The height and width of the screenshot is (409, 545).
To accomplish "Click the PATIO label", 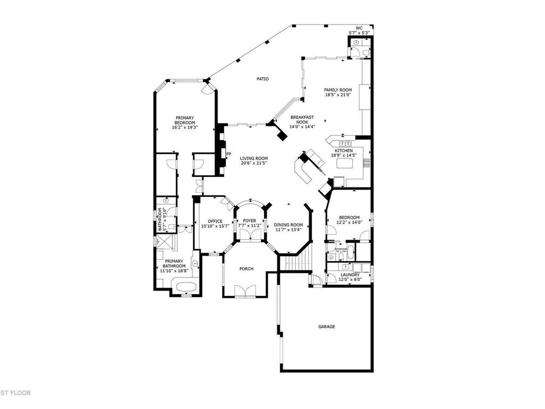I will pos(262,79).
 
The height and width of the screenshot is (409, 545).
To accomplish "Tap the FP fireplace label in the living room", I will pos(229,154).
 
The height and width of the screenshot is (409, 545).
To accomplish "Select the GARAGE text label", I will pos(327,326).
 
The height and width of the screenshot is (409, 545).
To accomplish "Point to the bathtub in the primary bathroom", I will pos(185,287).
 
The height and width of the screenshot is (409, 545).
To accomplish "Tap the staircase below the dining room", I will pos(293,263).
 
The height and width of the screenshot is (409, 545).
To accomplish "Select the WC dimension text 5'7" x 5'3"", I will pos(359,33).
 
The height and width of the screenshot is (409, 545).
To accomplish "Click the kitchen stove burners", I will pos(367,163).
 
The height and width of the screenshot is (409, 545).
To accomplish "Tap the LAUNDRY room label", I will pos(350,275).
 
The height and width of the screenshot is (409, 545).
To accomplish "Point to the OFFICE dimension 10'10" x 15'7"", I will pos(215,226).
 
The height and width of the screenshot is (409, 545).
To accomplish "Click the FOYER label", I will pos(250,220).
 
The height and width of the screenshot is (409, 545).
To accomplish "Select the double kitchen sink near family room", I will pos(345,144).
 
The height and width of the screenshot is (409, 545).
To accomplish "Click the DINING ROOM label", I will pos(288,225).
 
